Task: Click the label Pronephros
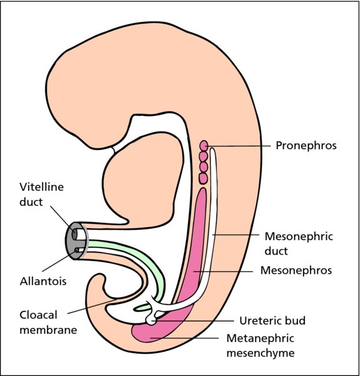tap(306, 145)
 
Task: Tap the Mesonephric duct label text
tap(299, 244)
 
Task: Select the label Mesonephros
tap(296, 270)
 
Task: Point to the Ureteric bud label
tap(272, 321)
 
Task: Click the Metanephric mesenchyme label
tap(260, 345)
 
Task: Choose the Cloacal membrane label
tap(48, 322)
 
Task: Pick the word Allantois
tap(43, 281)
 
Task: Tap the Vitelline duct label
tap(41, 194)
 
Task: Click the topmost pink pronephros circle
tap(204, 145)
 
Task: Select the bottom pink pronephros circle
tap(203, 179)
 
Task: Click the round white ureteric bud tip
tap(151, 320)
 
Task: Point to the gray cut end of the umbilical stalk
tap(76, 241)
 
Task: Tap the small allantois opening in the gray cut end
tap(76, 250)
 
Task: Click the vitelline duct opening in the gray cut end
tap(75, 234)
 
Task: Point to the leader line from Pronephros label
tap(239, 145)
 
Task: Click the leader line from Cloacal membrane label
tap(91, 306)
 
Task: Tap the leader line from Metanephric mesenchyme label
tap(185, 338)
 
